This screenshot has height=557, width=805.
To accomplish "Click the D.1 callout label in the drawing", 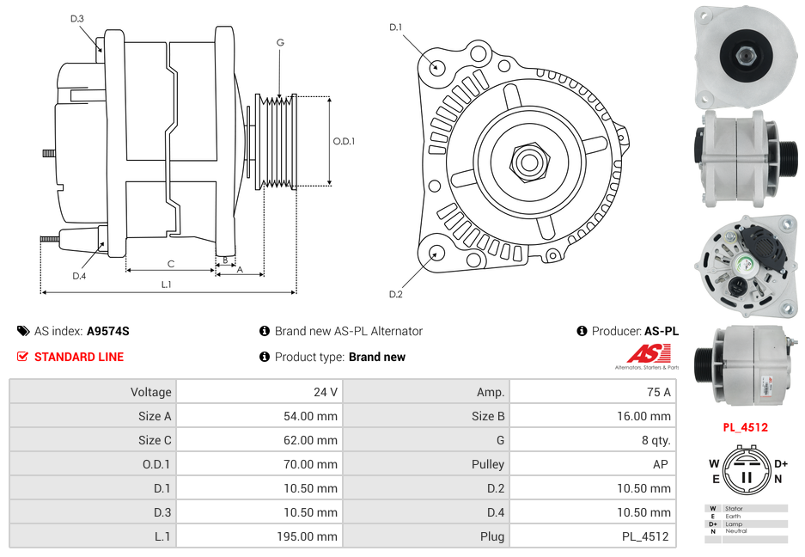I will click(x=395, y=28).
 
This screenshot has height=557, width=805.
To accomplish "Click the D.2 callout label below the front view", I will click(x=395, y=295).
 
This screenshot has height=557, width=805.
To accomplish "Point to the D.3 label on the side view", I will click(x=77, y=19).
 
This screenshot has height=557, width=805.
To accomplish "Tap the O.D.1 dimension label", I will click(x=344, y=142).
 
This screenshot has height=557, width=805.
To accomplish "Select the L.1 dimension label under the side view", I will click(x=166, y=285).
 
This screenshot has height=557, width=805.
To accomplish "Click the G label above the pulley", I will click(x=280, y=42).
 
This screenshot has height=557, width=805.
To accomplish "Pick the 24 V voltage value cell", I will click(x=326, y=392).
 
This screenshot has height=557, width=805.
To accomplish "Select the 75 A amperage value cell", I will click(x=658, y=392).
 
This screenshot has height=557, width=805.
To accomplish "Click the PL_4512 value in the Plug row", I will click(x=647, y=536).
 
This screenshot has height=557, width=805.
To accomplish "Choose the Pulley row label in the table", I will click(x=488, y=464).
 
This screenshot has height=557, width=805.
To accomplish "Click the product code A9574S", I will click(x=108, y=331).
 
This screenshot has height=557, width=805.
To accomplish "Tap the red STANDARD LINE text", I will click(x=79, y=357).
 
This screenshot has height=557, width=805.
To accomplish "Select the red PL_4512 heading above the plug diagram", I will click(x=745, y=427).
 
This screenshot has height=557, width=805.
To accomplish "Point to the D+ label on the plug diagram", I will click(x=781, y=463).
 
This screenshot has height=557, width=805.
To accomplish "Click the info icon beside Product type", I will click(x=265, y=357).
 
